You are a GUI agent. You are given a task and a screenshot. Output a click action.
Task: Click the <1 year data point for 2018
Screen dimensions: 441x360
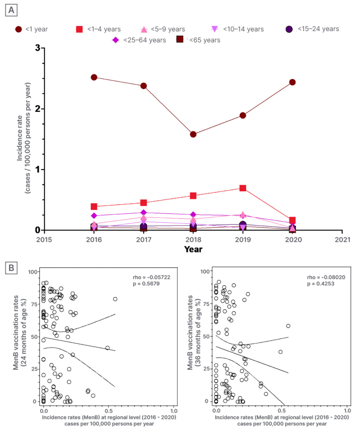193,134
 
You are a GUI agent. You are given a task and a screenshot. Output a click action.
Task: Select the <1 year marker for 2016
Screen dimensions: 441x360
94,77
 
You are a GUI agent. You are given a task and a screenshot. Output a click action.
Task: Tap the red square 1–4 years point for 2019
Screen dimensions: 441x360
242,188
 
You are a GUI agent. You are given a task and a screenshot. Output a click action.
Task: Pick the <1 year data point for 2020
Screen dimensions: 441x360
292,82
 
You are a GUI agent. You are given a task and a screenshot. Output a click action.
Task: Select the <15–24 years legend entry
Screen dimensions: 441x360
313,29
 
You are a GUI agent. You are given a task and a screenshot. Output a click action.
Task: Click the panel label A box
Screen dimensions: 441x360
11,11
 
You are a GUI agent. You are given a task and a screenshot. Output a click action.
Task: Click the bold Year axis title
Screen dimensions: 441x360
193,249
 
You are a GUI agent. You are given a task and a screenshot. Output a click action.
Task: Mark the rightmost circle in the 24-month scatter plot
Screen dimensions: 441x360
115,299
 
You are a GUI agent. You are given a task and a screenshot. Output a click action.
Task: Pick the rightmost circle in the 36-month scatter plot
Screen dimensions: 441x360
288,326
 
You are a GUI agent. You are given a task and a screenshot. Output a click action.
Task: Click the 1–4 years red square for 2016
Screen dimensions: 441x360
94,207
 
